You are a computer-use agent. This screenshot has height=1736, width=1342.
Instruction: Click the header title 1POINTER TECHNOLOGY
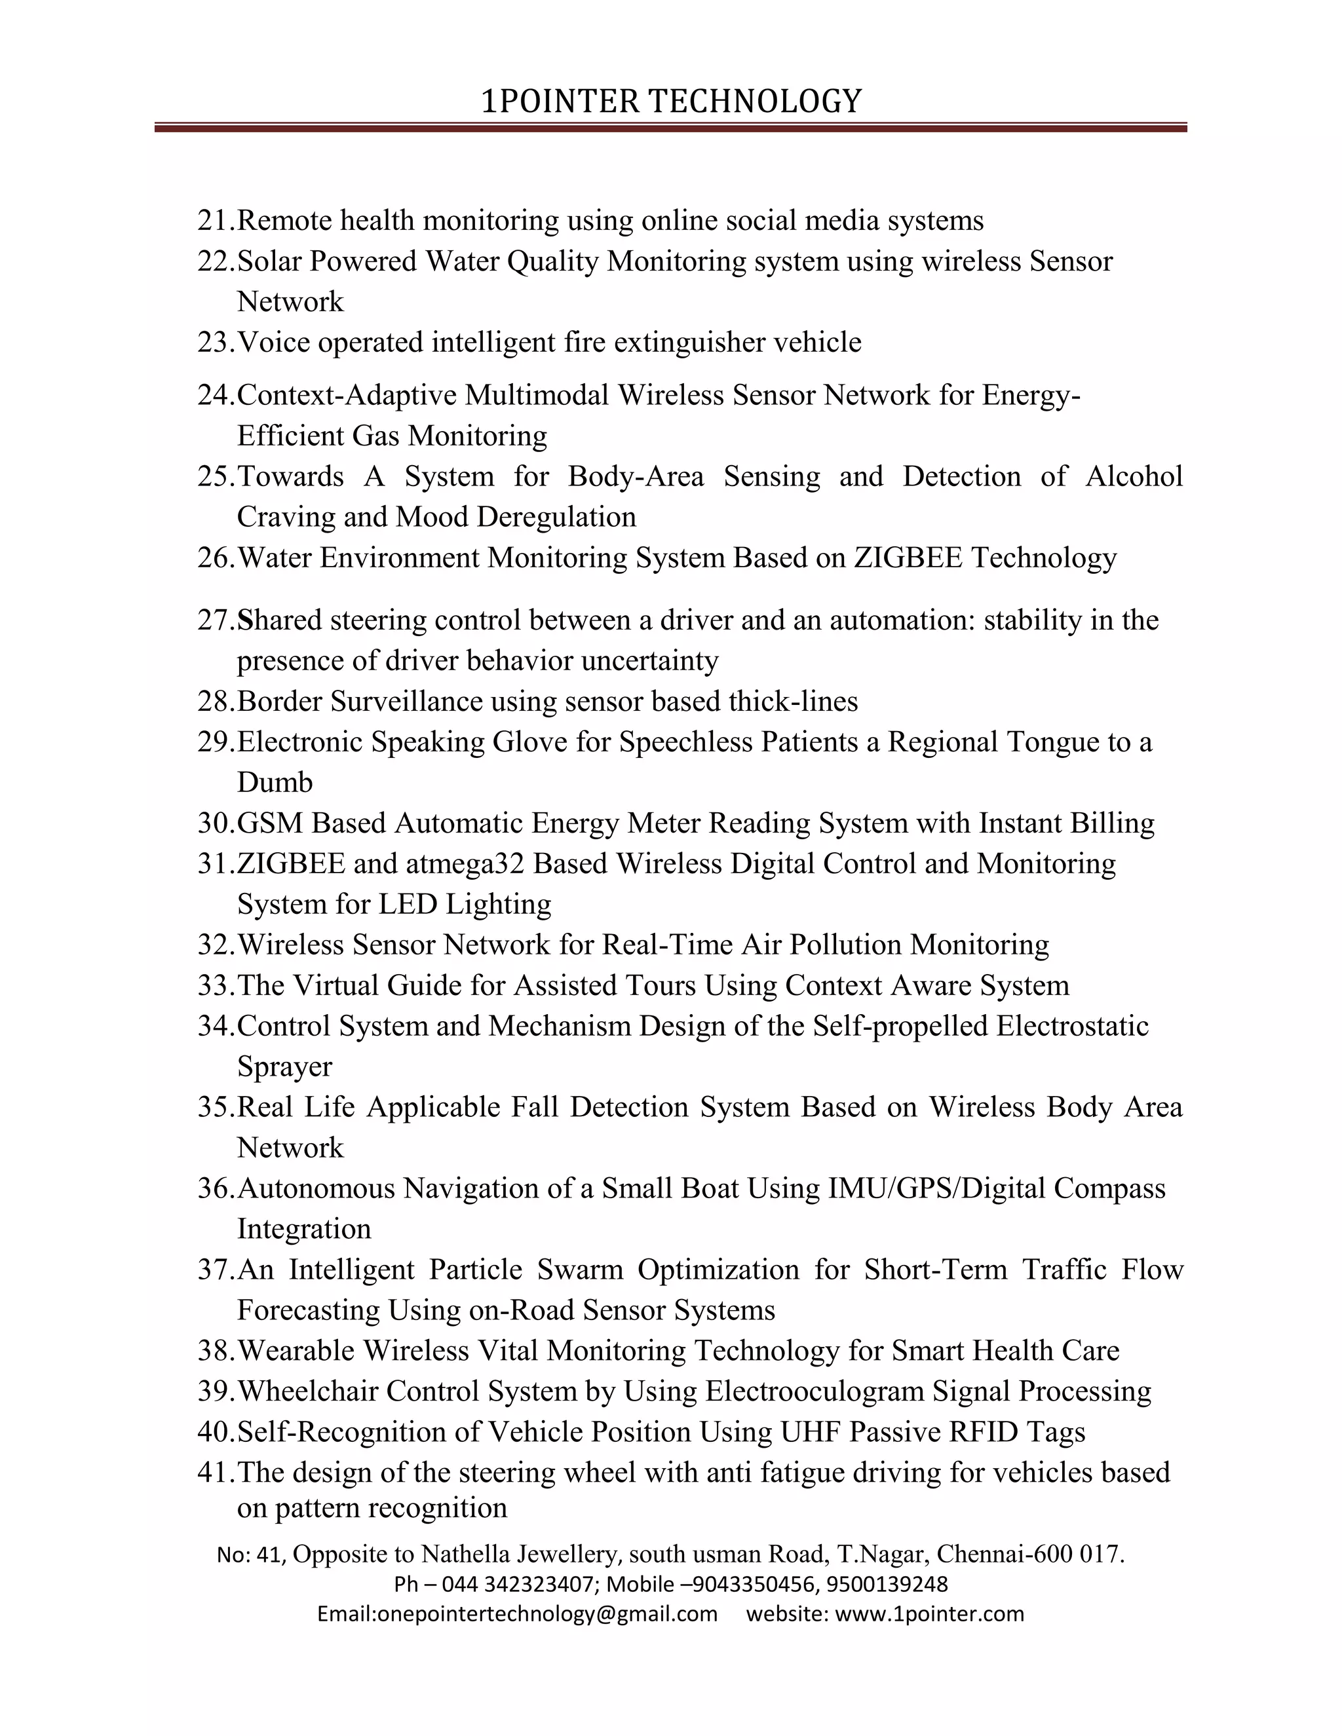671,102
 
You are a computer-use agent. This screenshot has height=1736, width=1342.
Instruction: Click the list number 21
215,220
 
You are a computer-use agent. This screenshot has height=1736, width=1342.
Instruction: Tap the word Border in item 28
280,701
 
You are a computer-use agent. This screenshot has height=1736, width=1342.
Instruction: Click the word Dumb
275,782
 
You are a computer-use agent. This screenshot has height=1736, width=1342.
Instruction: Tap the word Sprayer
284,1066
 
